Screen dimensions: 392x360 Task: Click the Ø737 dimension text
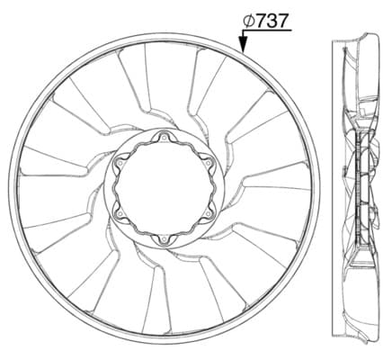(266, 21)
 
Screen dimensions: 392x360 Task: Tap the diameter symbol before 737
(249, 21)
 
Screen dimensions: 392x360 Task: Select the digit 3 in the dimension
(272, 22)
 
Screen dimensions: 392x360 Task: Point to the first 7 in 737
(261, 22)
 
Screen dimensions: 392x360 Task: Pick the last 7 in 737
(283, 22)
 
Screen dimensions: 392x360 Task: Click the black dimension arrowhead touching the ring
(243, 44)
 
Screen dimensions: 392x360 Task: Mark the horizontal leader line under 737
(267, 31)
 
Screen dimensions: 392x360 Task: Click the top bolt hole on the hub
(164, 138)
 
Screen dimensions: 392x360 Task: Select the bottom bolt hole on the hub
(164, 239)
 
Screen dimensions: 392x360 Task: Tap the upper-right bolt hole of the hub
(208, 163)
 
